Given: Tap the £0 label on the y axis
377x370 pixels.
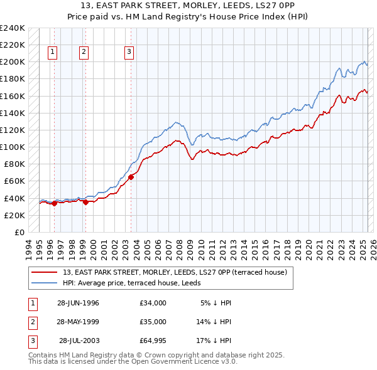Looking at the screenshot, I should click(x=19, y=232).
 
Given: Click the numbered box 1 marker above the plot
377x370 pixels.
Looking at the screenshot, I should click(x=52, y=53).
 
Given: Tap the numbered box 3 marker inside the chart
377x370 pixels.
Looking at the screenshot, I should click(x=129, y=53).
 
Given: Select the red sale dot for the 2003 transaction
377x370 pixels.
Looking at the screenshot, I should click(x=131, y=177).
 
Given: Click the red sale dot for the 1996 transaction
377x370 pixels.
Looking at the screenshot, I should click(x=55, y=203).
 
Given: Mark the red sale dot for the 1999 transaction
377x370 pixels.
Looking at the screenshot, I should click(x=85, y=202).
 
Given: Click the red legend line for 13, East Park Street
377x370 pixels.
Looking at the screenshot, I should click(x=44, y=272).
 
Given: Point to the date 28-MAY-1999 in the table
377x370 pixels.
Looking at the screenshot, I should click(x=78, y=321).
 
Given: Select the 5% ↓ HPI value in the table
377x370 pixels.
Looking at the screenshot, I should click(x=215, y=302).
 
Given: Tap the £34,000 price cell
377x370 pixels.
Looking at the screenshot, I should click(x=153, y=302).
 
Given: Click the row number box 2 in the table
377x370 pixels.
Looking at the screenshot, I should click(x=31, y=321).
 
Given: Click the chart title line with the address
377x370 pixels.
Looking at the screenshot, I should click(x=188, y=6).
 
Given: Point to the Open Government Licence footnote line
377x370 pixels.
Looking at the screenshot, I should click(x=133, y=362).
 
